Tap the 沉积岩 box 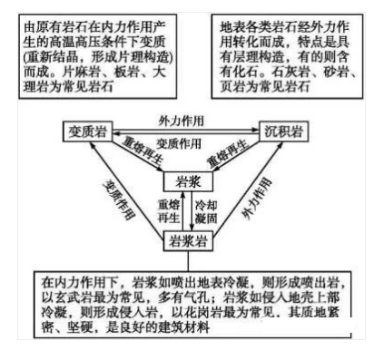(x=281, y=131)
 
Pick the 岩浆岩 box (x=186, y=241)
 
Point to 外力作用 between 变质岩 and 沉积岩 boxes (x=186, y=120)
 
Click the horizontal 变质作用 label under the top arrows (x=182, y=142)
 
